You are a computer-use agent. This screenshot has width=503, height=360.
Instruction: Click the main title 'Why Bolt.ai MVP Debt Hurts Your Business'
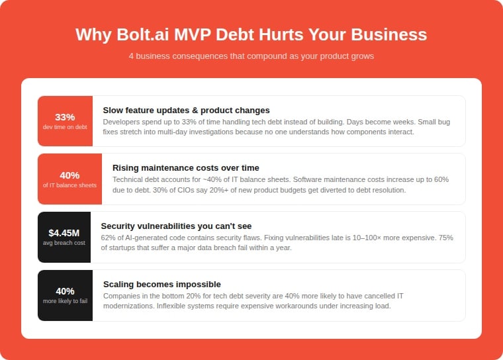[x=251, y=34]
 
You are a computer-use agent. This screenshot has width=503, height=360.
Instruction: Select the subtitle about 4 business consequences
[x=251, y=56]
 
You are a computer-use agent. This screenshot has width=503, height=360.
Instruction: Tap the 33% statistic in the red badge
[x=65, y=116]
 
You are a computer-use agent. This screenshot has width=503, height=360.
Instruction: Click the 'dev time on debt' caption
[x=65, y=127]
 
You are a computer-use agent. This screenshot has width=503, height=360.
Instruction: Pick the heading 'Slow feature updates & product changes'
[x=186, y=110]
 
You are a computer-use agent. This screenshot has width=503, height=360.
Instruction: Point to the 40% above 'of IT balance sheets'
[x=69, y=175]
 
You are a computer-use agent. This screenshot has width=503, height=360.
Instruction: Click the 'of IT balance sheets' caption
[x=69, y=185]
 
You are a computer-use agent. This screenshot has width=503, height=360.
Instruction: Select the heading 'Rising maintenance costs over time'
[x=186, y=168]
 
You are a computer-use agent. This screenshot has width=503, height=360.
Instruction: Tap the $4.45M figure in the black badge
[x=64, y=232]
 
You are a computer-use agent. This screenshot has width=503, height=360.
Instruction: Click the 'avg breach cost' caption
[x=64, y=243]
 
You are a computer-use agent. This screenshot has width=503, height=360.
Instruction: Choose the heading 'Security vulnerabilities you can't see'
[x=176, y=226]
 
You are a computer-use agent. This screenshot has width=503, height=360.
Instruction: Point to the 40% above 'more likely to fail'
[x=65, y=291]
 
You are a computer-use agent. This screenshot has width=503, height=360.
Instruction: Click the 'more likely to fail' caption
[x=65, y=301]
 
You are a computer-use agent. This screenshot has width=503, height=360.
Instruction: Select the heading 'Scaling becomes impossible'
[x=162, y=285]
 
